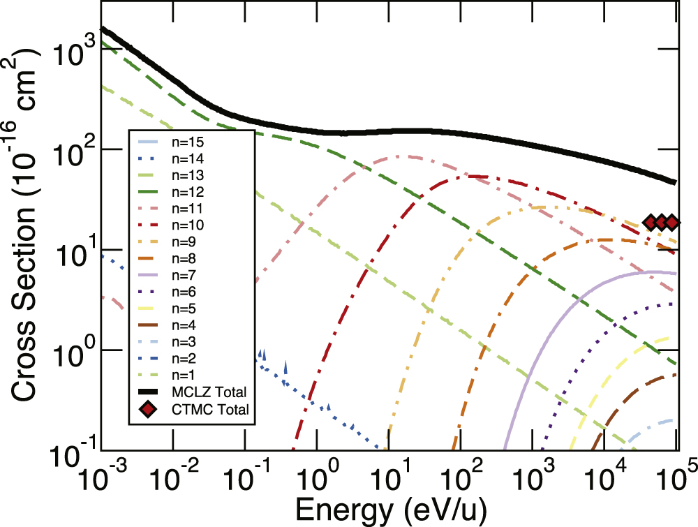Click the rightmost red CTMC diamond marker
671,223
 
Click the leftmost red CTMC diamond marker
651,223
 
